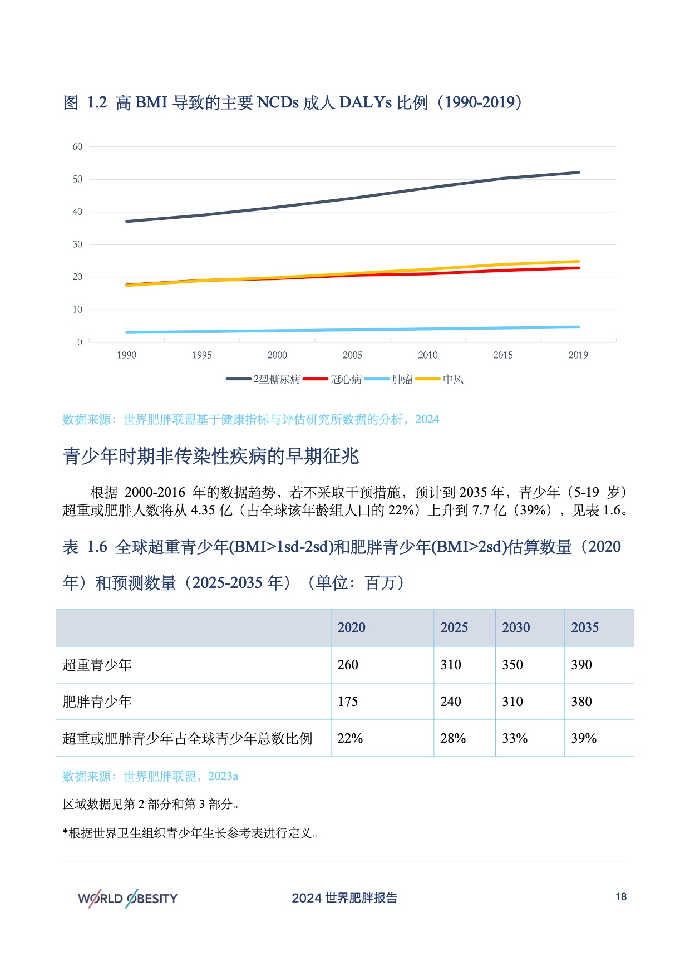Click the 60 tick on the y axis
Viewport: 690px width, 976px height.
[77, 147]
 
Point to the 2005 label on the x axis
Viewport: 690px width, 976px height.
[352, 355]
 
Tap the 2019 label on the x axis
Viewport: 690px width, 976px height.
[578, 355]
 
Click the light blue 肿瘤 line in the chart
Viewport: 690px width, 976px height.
[352, 330]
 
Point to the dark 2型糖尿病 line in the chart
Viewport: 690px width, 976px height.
[352, 198]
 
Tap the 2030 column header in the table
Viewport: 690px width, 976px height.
[516, 628]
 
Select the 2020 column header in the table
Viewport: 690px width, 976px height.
[352, 628]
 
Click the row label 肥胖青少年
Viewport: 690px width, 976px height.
[97, 702]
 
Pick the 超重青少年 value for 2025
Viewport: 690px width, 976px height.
[451, 665]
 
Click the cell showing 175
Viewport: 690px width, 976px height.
[348, 702]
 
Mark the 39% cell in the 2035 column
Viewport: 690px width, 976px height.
[584, 739]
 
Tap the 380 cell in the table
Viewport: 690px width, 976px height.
[581, 702]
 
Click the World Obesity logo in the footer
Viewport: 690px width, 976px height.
[128, 898]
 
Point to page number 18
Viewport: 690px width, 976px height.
[621, 897]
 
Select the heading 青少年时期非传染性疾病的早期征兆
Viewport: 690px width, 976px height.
[211, 457]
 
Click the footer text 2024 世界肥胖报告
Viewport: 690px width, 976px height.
[344, 898]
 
